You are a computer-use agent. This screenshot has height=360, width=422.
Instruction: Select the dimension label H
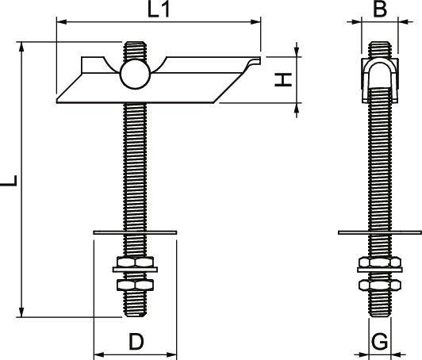pos(284,79)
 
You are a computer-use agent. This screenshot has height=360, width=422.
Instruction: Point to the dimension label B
pos(379,10)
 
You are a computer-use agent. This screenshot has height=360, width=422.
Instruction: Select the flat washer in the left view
pos(134,232)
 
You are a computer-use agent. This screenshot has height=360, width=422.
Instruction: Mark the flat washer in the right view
pos(379,232)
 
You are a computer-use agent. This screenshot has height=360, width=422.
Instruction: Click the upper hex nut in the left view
pos(134,263)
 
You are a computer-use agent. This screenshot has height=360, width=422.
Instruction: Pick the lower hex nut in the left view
pos(134,283)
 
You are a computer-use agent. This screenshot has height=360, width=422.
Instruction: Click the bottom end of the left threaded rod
pos(134,313)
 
